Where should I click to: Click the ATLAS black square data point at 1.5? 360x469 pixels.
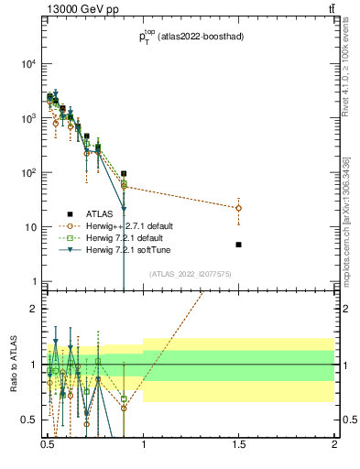click(x=238, y=245)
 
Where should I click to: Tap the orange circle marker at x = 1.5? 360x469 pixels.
click(x=238, y=208)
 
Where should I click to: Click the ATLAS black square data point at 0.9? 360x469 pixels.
click(x=124, y=173)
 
